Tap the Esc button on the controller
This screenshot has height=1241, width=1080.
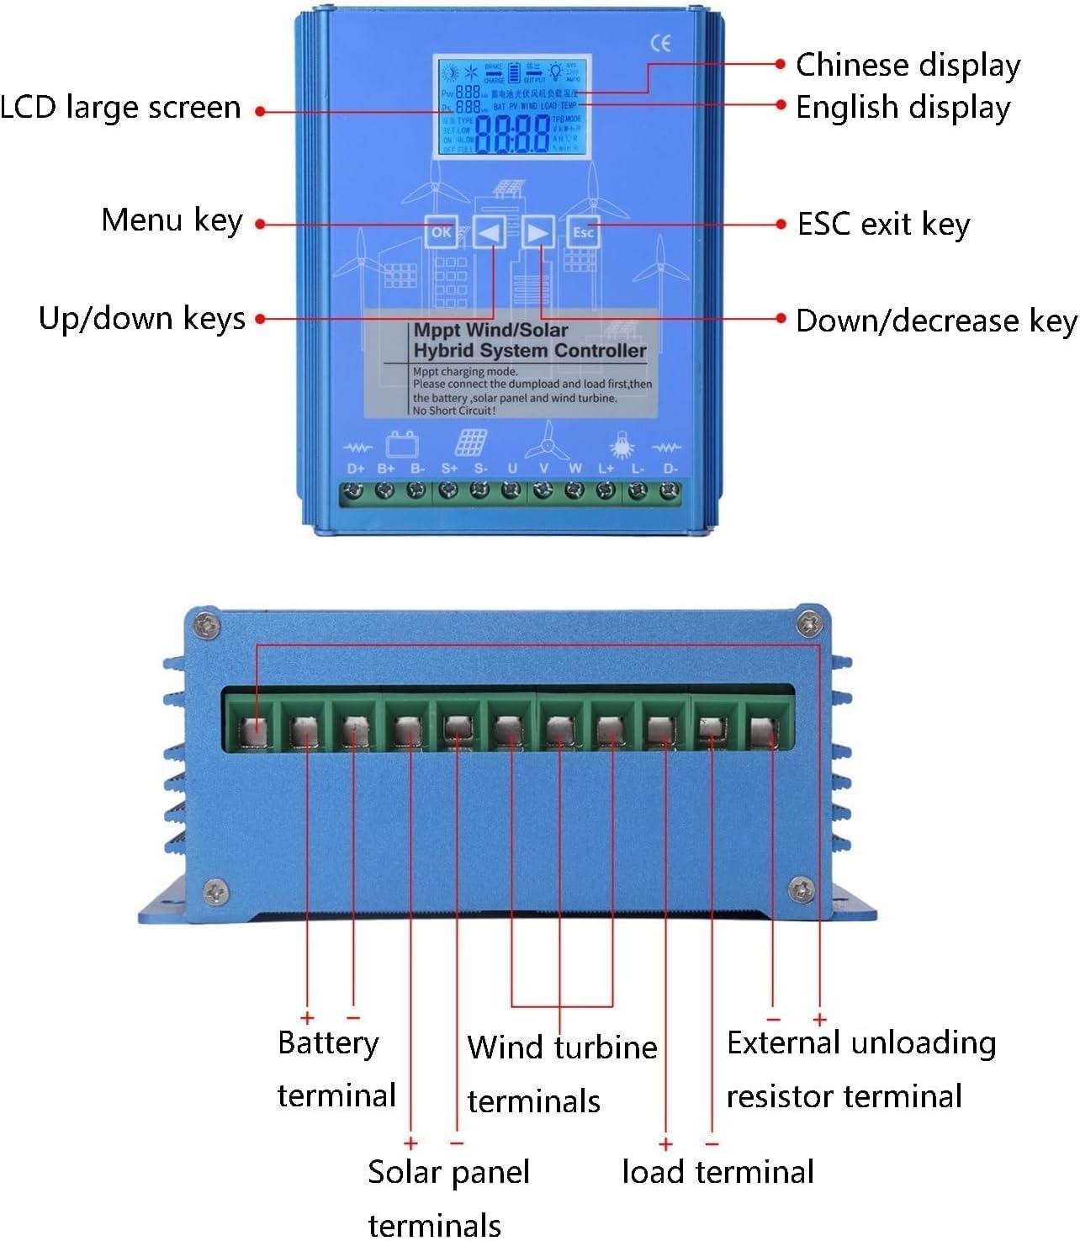pyautogui.click(x=583, y=232)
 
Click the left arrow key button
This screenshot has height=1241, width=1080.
pyautogui.click(x=490, y=231)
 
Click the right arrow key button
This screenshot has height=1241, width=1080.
pyautogui.click(x=537, y=231)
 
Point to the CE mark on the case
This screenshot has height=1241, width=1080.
pyautogui.click(x=661, y=43)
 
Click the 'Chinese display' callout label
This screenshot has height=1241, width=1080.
pyautogui.click(x=908, y=65)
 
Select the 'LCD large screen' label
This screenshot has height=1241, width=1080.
pyautogui.click(x=120, y=108)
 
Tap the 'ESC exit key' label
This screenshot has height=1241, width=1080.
pyautogui.click(x=883, y=225)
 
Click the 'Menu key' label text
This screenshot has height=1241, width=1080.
pyautogui.click(x=172, y=220)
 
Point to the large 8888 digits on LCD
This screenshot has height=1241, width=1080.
pyautogui.click(x=512, y=135)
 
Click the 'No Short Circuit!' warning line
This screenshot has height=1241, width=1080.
pyautogui.click(x=454, y=411)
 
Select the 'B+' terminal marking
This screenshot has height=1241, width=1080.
pyautogui.click(x=386, y=469)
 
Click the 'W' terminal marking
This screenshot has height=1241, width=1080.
pyautogui.click(x=575, y=469)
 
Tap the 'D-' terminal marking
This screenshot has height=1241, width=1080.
pyautogui.click(x=670, y=469)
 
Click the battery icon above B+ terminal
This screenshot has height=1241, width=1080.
pyautogui.click(x=401, y=443)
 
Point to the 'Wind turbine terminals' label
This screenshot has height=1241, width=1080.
pyautogui.click(x=561, y=1074)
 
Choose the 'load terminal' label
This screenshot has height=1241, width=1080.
pyautogui.click(x=717, y=1171)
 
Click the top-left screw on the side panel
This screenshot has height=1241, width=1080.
pyautogui.click(x=206, y=625)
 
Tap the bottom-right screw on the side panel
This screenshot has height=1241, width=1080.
pyautogui.click(x=803, y=889)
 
